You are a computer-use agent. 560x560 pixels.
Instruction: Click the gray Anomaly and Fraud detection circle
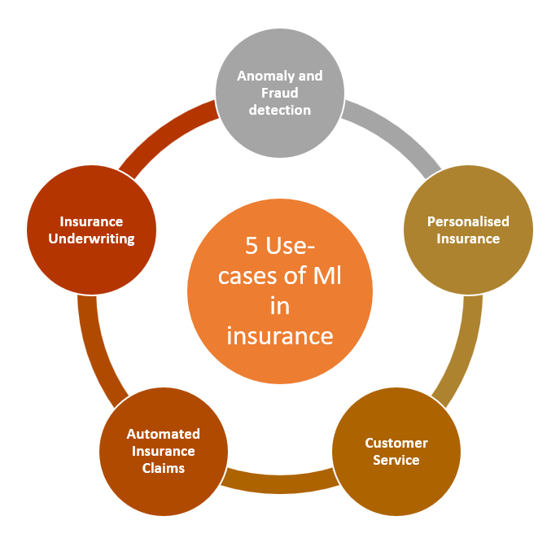[x=279, y=92]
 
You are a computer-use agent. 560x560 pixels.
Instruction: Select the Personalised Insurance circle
[x=468, y=230]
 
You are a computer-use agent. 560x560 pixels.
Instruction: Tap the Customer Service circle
[x=396, y=452]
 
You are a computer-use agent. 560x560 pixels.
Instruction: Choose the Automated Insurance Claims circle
[x=162, y=451]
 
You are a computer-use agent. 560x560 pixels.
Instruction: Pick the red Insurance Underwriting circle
[x=90, y=230]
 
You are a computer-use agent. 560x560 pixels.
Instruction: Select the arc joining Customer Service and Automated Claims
[x=279, y=482]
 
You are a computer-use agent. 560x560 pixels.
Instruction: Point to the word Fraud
[x=280, y=93]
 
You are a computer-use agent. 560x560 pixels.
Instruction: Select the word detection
[x=280, y=110]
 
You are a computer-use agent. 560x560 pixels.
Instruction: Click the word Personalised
[x=468, y=221]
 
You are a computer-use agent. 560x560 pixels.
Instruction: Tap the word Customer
[x=396, y=443]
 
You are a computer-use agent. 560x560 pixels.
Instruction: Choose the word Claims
[x=162, y=468]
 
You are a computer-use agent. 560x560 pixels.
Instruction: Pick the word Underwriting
[x=91, y=238]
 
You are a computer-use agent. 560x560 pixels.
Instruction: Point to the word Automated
[x=163, y=434]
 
